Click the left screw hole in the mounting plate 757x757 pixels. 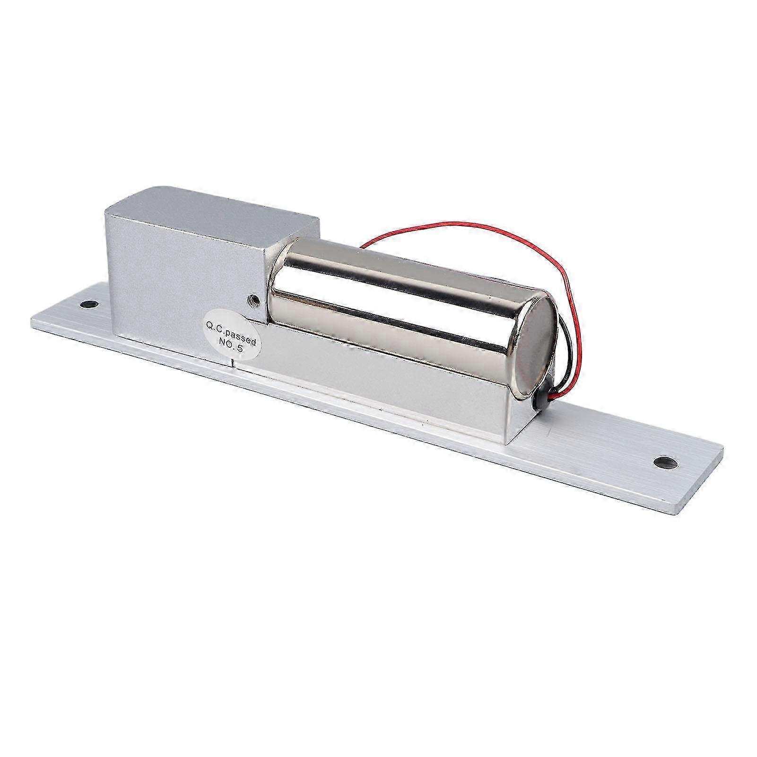tap(89, 303)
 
